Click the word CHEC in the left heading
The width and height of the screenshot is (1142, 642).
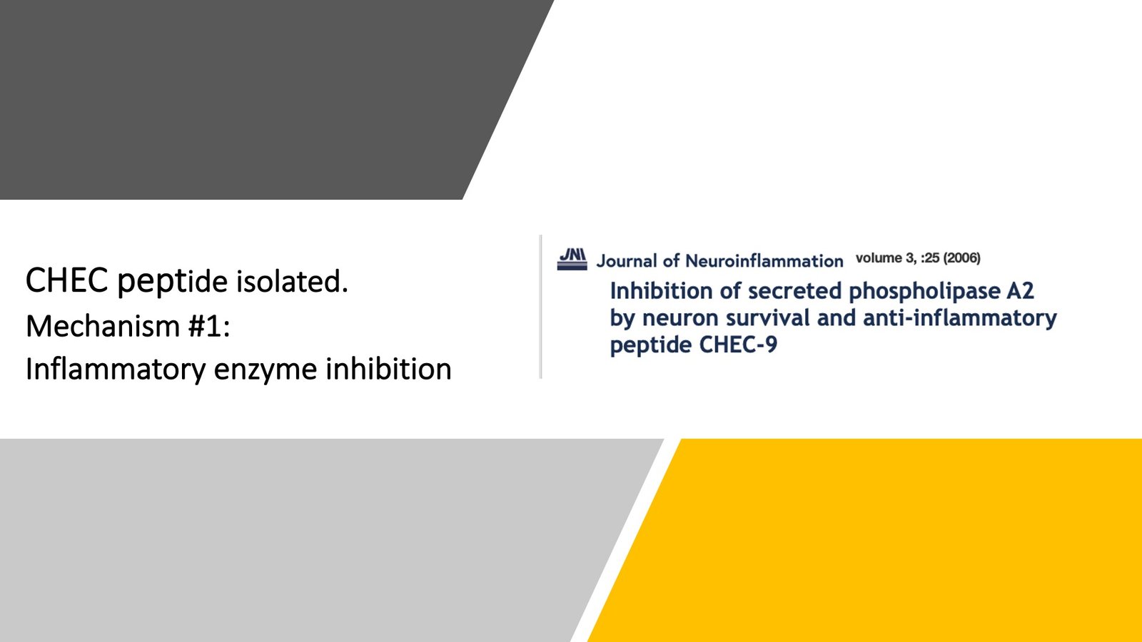point(66,280)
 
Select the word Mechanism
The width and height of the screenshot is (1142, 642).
point(103,326)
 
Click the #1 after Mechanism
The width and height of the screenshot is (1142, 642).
point(208,326)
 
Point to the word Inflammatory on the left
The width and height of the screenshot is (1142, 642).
point(116,370)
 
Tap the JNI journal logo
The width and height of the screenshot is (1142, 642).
point(572,258)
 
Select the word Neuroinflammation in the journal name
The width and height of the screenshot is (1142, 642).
point(764,261)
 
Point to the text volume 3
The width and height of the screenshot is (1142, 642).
point(886,258)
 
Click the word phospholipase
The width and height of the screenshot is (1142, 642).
point(924,291)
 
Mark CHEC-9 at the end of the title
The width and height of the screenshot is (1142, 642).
point(738,345)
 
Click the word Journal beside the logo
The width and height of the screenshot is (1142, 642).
point(627,261)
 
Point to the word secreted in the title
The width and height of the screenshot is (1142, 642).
point(794,291)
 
